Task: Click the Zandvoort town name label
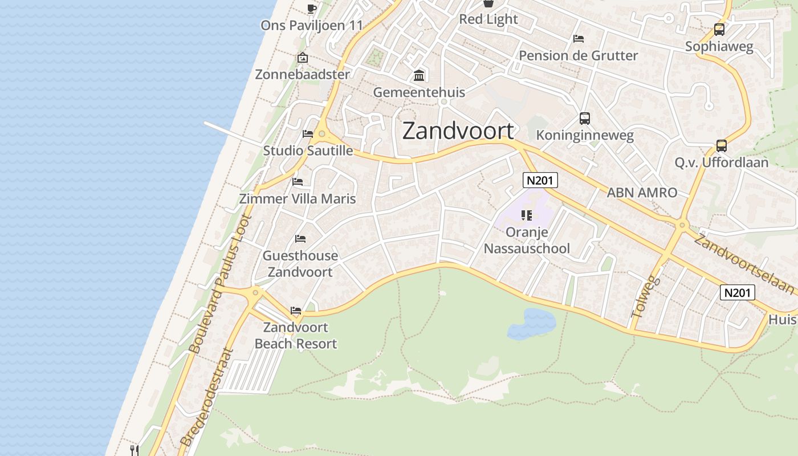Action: (x=458, y=131)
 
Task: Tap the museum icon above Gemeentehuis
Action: (x=419, y=75)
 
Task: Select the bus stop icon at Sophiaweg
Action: (x=719, y=30)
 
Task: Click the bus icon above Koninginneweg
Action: (x=585, y=119)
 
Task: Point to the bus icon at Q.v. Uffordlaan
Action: (x=722, y=146)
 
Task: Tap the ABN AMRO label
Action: (x=642, y=193)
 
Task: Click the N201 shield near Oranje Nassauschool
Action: (x=540, y=181)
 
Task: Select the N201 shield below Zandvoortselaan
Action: (x=738, y=292)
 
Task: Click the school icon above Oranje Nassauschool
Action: (x=527, y=215)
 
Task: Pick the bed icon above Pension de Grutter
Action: (x=579, y=39)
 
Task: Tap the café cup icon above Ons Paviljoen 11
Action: (x=311, y=9)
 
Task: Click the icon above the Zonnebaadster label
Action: (x=302, y=58)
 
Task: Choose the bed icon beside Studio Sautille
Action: (x=308, y=134)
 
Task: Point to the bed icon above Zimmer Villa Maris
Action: (x=298, y=182)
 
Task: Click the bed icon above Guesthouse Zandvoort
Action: (x=300, y=238)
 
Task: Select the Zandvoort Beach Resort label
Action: (x=295, y=336)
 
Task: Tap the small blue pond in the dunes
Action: (x=531, y=324)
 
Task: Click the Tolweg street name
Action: (x=645, y=298)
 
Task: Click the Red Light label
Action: (x=488, y=19)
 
